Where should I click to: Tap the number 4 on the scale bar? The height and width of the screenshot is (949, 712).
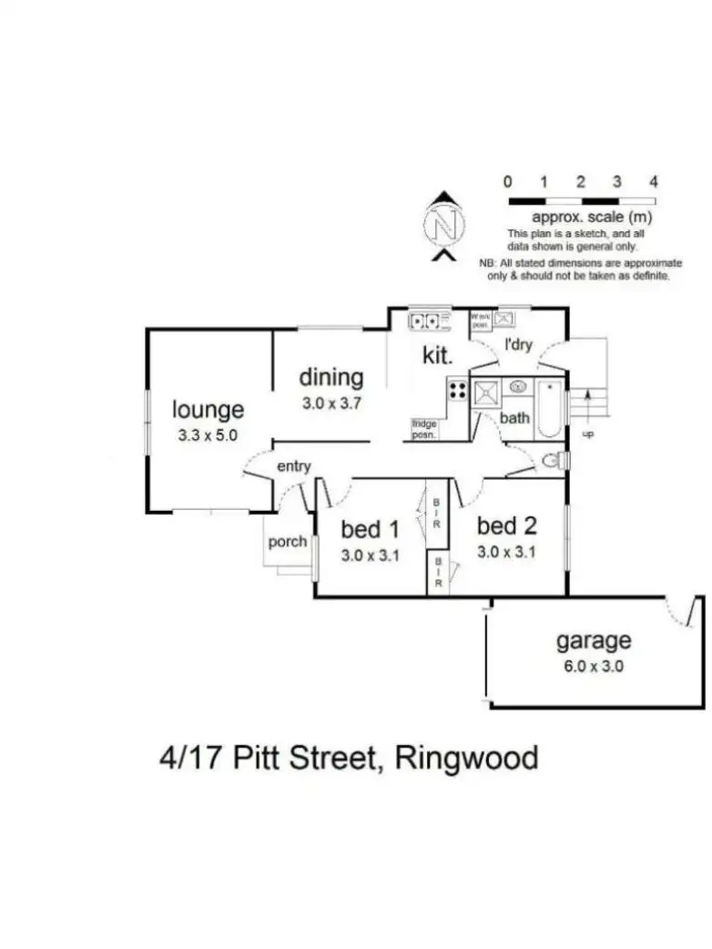point(654,182)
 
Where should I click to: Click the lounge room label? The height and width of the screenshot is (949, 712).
point(209,411)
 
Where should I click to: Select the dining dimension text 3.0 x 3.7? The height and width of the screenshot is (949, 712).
point(331,402)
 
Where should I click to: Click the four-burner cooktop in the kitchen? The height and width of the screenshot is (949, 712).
point(457,392)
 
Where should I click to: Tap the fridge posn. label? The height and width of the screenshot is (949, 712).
point(424,428)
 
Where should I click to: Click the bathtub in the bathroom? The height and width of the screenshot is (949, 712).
point(549,411)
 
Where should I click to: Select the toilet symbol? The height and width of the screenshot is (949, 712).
point(551,462)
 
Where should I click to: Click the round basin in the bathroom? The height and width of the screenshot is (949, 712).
point(519,387)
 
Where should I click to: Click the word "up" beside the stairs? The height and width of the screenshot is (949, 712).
point(588,434)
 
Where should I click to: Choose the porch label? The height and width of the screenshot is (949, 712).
point(287,541)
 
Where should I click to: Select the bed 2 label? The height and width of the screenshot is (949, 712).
point(506,526)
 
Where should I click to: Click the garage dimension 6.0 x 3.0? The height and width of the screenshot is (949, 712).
point(594,665)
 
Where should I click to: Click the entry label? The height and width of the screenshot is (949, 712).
point(294,466)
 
